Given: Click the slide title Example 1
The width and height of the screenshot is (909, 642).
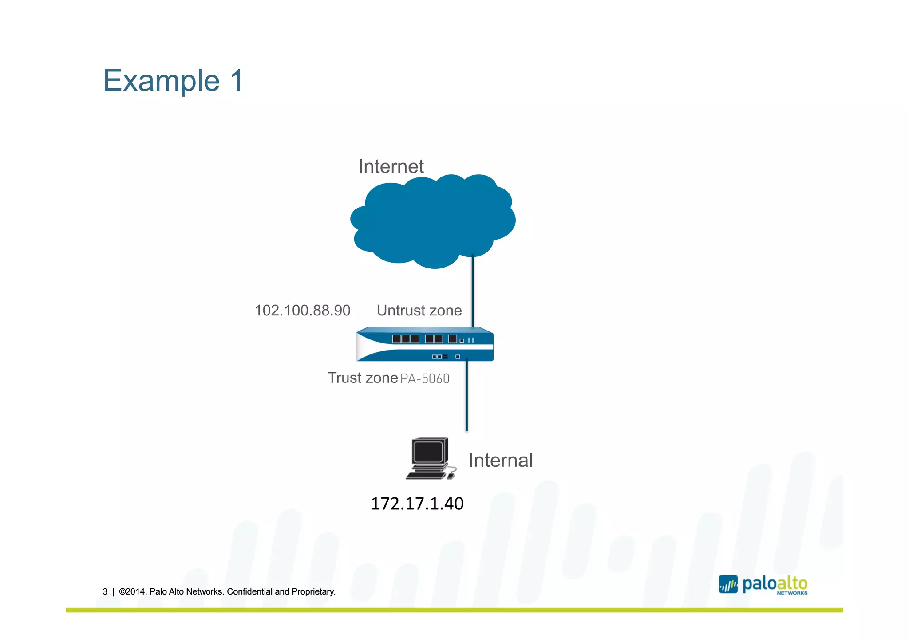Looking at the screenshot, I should pos(173,81).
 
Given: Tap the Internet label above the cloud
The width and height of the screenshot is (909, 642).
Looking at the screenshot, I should pos(391,167).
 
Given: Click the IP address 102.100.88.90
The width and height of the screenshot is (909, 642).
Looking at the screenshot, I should pos(302,311).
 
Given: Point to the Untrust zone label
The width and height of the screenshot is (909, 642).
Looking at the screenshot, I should pos(419,311).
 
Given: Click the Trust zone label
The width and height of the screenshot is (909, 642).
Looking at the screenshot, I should pos(363,378).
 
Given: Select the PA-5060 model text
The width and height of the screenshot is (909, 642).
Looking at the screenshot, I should pos(425,379).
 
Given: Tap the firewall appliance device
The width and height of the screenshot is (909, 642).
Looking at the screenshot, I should pos(424,345).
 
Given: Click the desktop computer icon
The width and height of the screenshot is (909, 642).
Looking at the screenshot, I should pos(430,459).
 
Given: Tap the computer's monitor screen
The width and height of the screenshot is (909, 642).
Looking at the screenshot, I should pos(428,453).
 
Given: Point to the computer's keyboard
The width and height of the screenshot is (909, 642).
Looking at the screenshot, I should pos(425,475).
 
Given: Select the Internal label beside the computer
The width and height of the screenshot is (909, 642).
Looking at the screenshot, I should pos(500,461).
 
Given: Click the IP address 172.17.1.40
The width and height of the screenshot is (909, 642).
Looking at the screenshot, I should pos(417,504).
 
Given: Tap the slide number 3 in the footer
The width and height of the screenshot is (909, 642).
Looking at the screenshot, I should pos(105,592).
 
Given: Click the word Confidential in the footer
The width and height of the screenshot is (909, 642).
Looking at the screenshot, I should pos(249,592).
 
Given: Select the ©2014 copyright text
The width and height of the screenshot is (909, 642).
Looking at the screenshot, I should pos(132,592).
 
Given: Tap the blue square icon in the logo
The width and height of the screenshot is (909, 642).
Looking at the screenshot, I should pos(728,584).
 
